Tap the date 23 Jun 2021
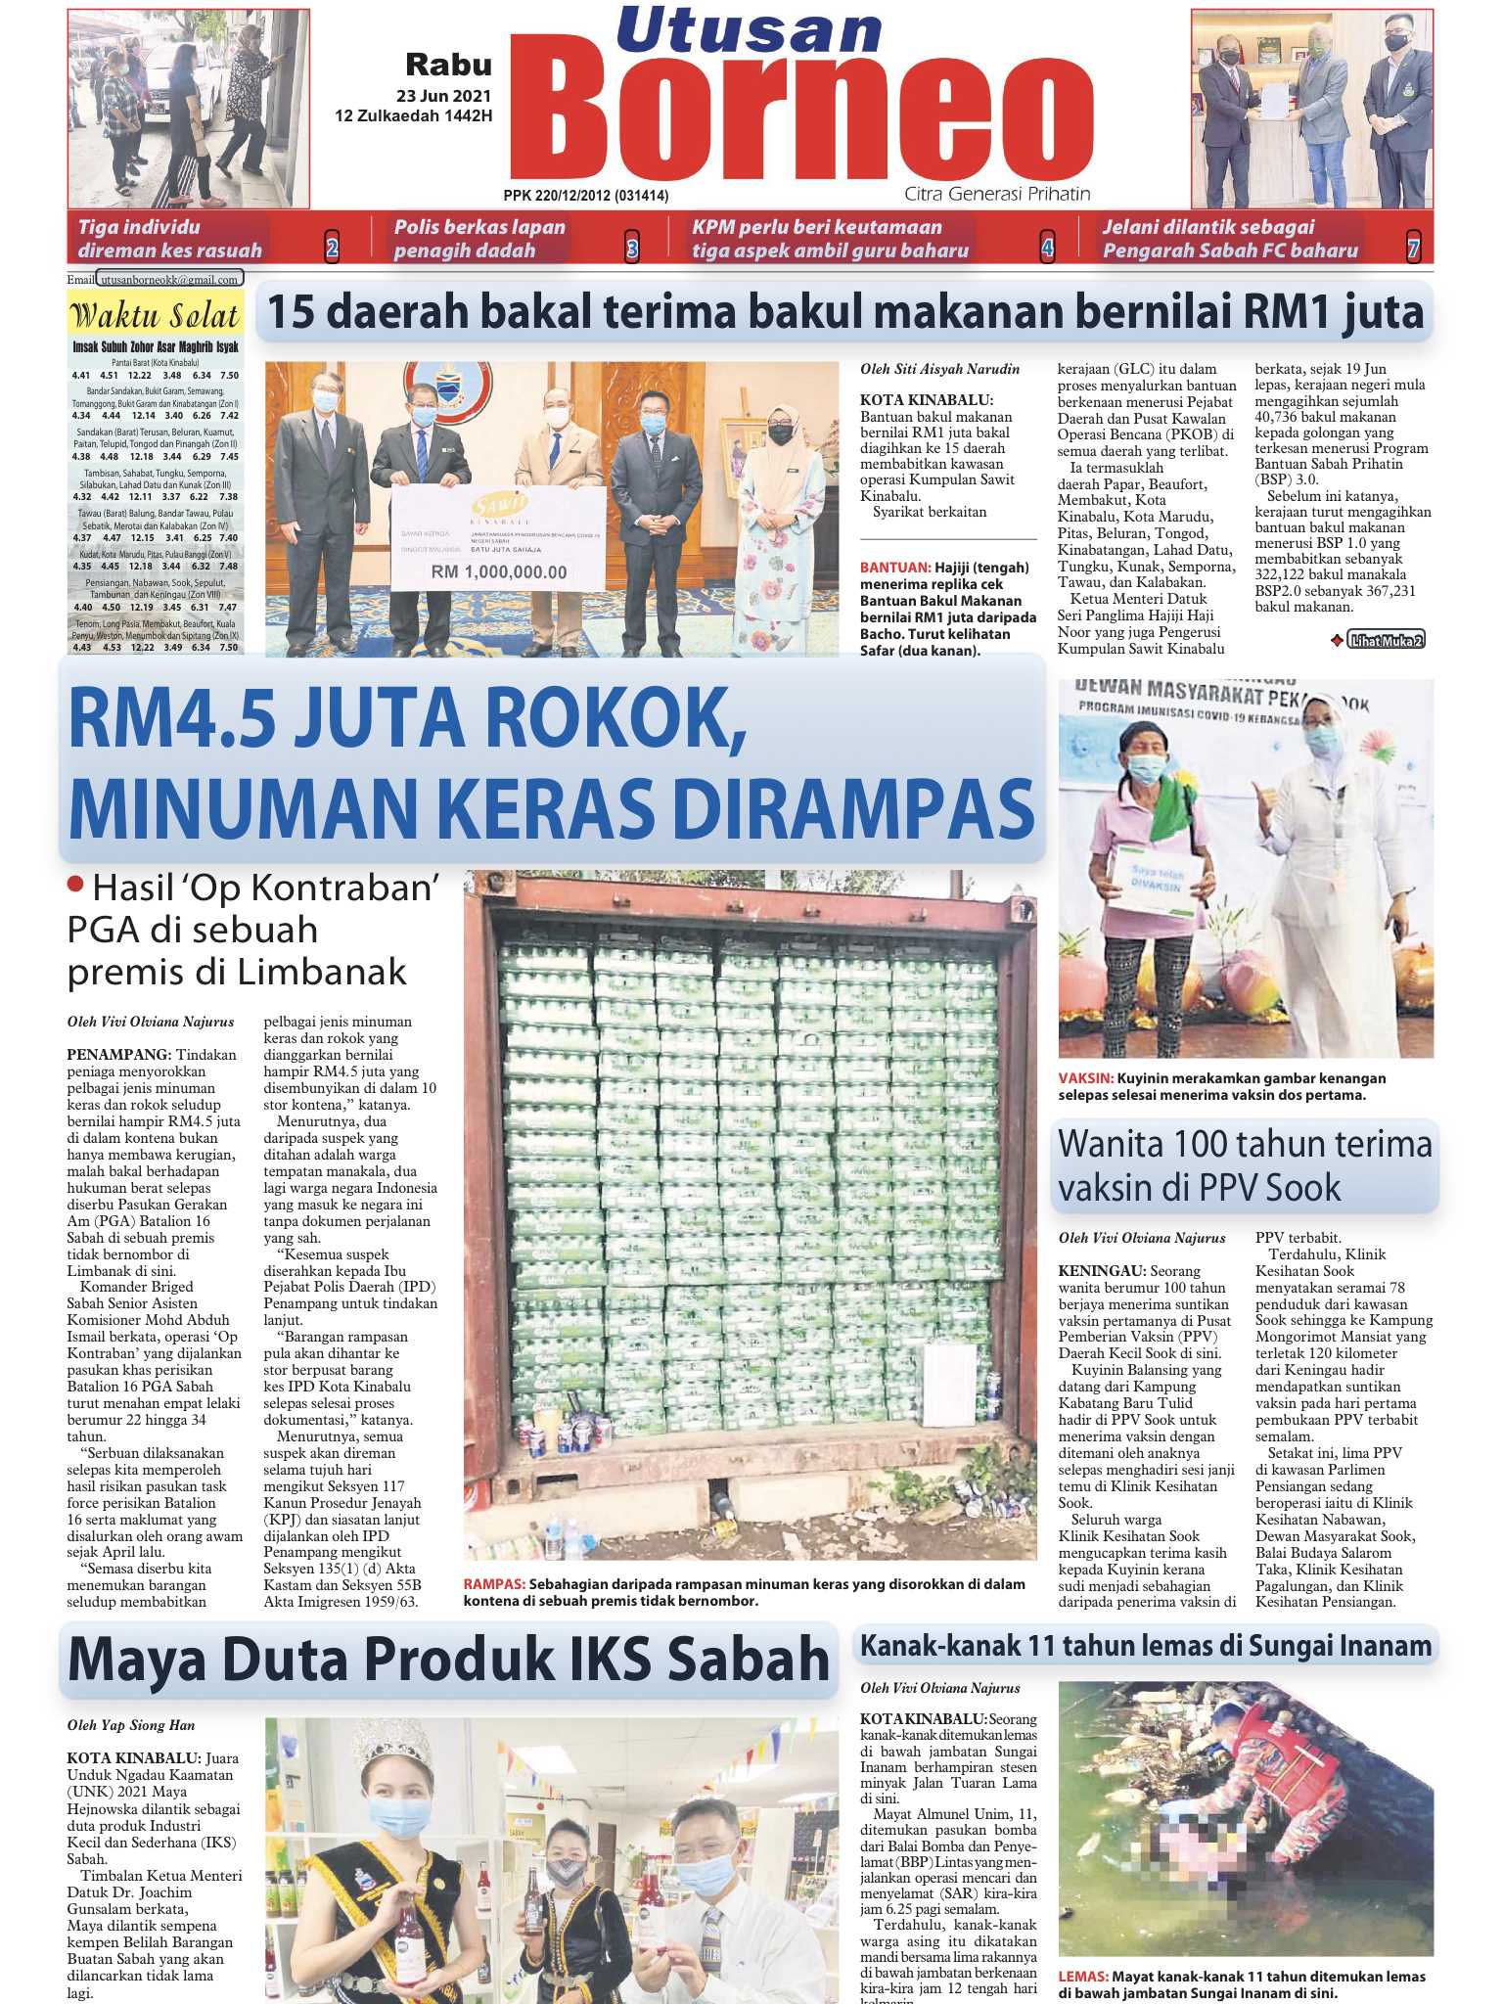(443, 97)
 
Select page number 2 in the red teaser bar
(332, 249)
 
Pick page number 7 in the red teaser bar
(1413, 249)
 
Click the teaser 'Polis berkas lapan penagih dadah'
(479, 239)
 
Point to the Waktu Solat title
(155, 316)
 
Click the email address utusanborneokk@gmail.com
(170, 280)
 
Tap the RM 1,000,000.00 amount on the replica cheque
(499, 572)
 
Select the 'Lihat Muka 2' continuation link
(1385, 640)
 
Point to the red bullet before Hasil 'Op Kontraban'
(75, 885)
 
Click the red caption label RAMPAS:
(494, 1584)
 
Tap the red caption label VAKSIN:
(1086, 1078)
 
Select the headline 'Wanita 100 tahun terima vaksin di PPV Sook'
(1245, 1165)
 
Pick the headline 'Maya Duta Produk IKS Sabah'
(449, 1660)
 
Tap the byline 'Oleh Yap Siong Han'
(131, 1725)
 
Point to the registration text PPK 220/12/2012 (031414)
(586, 196)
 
